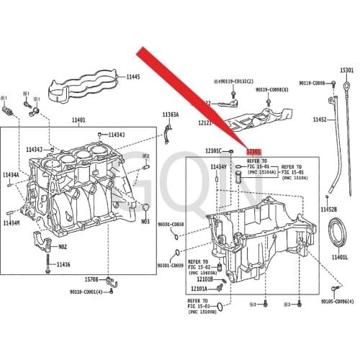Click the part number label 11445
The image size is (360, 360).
133,77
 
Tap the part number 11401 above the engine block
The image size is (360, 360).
78,120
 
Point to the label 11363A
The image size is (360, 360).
171,115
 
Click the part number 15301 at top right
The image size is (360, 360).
347,70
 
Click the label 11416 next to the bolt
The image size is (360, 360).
63,265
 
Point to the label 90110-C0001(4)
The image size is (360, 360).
91,292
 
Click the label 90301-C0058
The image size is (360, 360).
171,225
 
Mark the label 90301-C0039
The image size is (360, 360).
171,266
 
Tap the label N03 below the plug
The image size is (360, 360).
144,222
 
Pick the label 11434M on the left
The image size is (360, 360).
10,223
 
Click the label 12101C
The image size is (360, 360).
214,151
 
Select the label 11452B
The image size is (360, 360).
328,210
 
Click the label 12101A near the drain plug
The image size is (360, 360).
198,289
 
